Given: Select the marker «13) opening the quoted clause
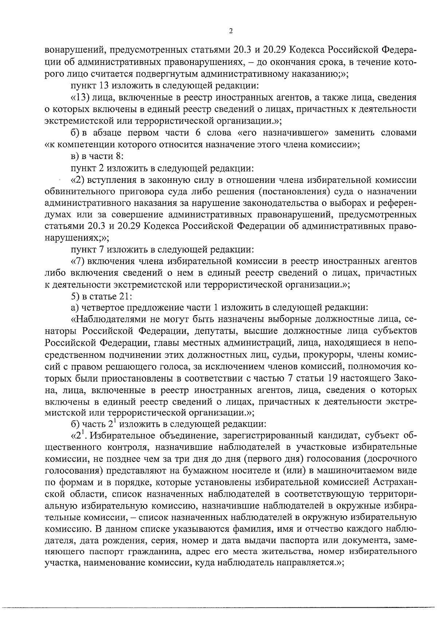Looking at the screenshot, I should click(x=80, y=98).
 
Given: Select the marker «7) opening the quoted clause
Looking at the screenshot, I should click(x=78, y=261).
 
